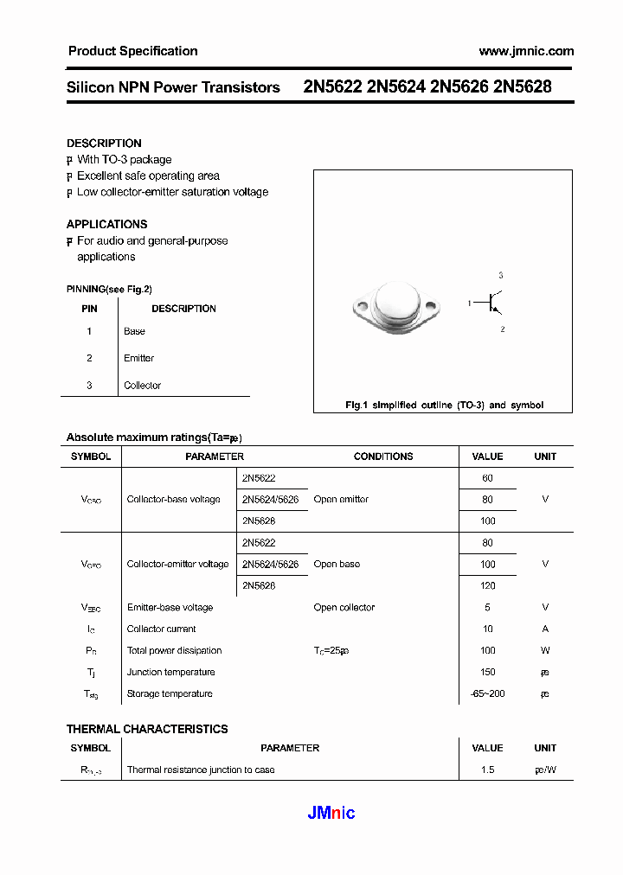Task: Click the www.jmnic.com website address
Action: [x=525, y=51]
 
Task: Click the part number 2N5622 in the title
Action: [x=332, y=87]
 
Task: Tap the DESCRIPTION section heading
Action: [x=104, y=144]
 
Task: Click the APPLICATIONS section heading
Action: [x=106, y=224]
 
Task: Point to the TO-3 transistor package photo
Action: [x=396, y=304]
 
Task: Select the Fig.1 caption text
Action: [x=444, y=405]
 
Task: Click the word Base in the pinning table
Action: [x=134, y=331]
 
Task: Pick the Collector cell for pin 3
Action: [x=142, y=386]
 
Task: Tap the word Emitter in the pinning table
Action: [x=138, y=358]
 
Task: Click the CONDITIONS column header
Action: [x=383, y=457]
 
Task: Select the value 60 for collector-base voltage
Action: [x=487, y=478]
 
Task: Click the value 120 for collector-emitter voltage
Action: [x=487, y=586]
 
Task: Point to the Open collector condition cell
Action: [x=344, y=608]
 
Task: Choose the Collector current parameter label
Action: [x=161, y=629]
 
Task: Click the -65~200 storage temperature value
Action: [x=487, y=694]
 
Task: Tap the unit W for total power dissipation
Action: [x=545, y=651]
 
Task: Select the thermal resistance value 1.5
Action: [x=487, y=770]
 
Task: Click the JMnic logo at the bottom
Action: [x=331, y=813]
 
